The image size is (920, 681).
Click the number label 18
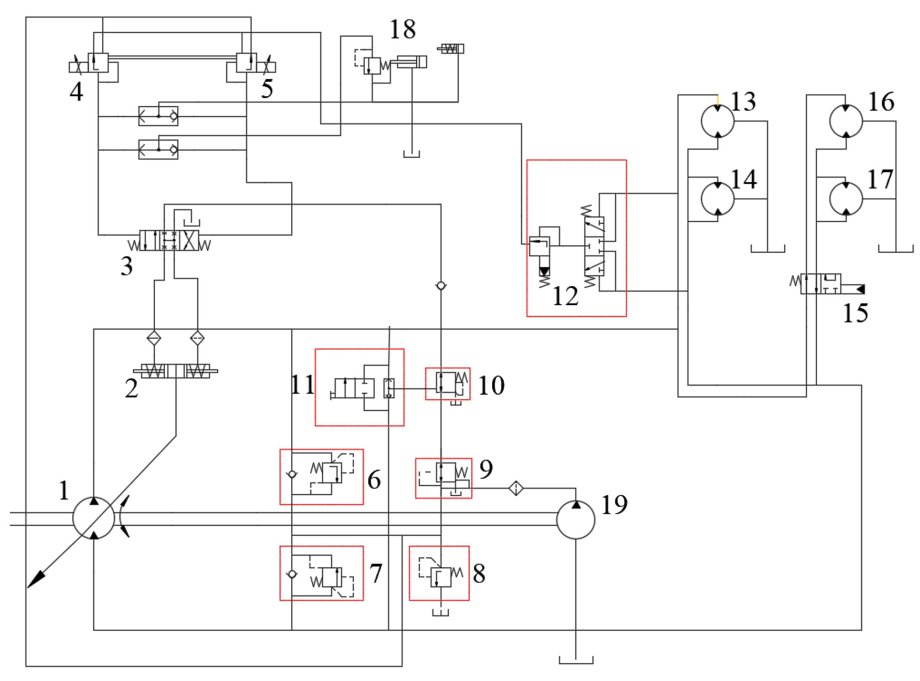point(402,29)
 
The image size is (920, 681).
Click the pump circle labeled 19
point(575,519)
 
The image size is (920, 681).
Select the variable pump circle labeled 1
point(93,518)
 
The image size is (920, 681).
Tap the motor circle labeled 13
point(717,121)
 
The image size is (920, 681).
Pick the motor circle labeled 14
point(717,199)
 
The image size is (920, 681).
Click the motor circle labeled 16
point(845,121)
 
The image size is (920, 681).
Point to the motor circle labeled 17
point(845,199)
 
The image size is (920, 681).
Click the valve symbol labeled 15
point(820,284)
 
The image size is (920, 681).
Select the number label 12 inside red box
point(565,296)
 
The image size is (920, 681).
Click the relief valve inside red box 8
point(441,577)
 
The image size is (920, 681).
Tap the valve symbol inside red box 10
point(447,383)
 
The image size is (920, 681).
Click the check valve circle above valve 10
point(441,286)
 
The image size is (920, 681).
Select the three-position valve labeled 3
point(169,240)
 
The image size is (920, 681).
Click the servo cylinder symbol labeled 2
point(176,371)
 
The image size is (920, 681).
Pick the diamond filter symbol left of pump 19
point(515,488)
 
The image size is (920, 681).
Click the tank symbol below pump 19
point(576,660)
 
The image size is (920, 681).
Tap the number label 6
point(374,479)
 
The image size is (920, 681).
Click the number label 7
point(375,573)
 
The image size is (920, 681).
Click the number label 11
point(302,384)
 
